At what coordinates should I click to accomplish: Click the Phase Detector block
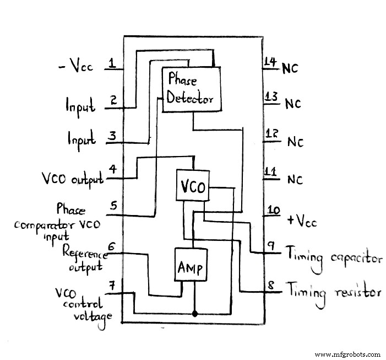coord(190,89)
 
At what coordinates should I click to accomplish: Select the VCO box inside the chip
coord(193,187)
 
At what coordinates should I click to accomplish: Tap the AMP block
coord(190,268)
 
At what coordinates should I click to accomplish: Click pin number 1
coord(112,63)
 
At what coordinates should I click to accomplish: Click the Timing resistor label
coord(333,291)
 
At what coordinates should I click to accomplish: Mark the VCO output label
coord(73,179)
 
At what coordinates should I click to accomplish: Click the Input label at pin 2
coord(80,106)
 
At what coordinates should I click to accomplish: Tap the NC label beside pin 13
coord(292,103)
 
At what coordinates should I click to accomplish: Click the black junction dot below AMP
coord(194,314)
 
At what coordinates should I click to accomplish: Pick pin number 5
coord(113,206)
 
